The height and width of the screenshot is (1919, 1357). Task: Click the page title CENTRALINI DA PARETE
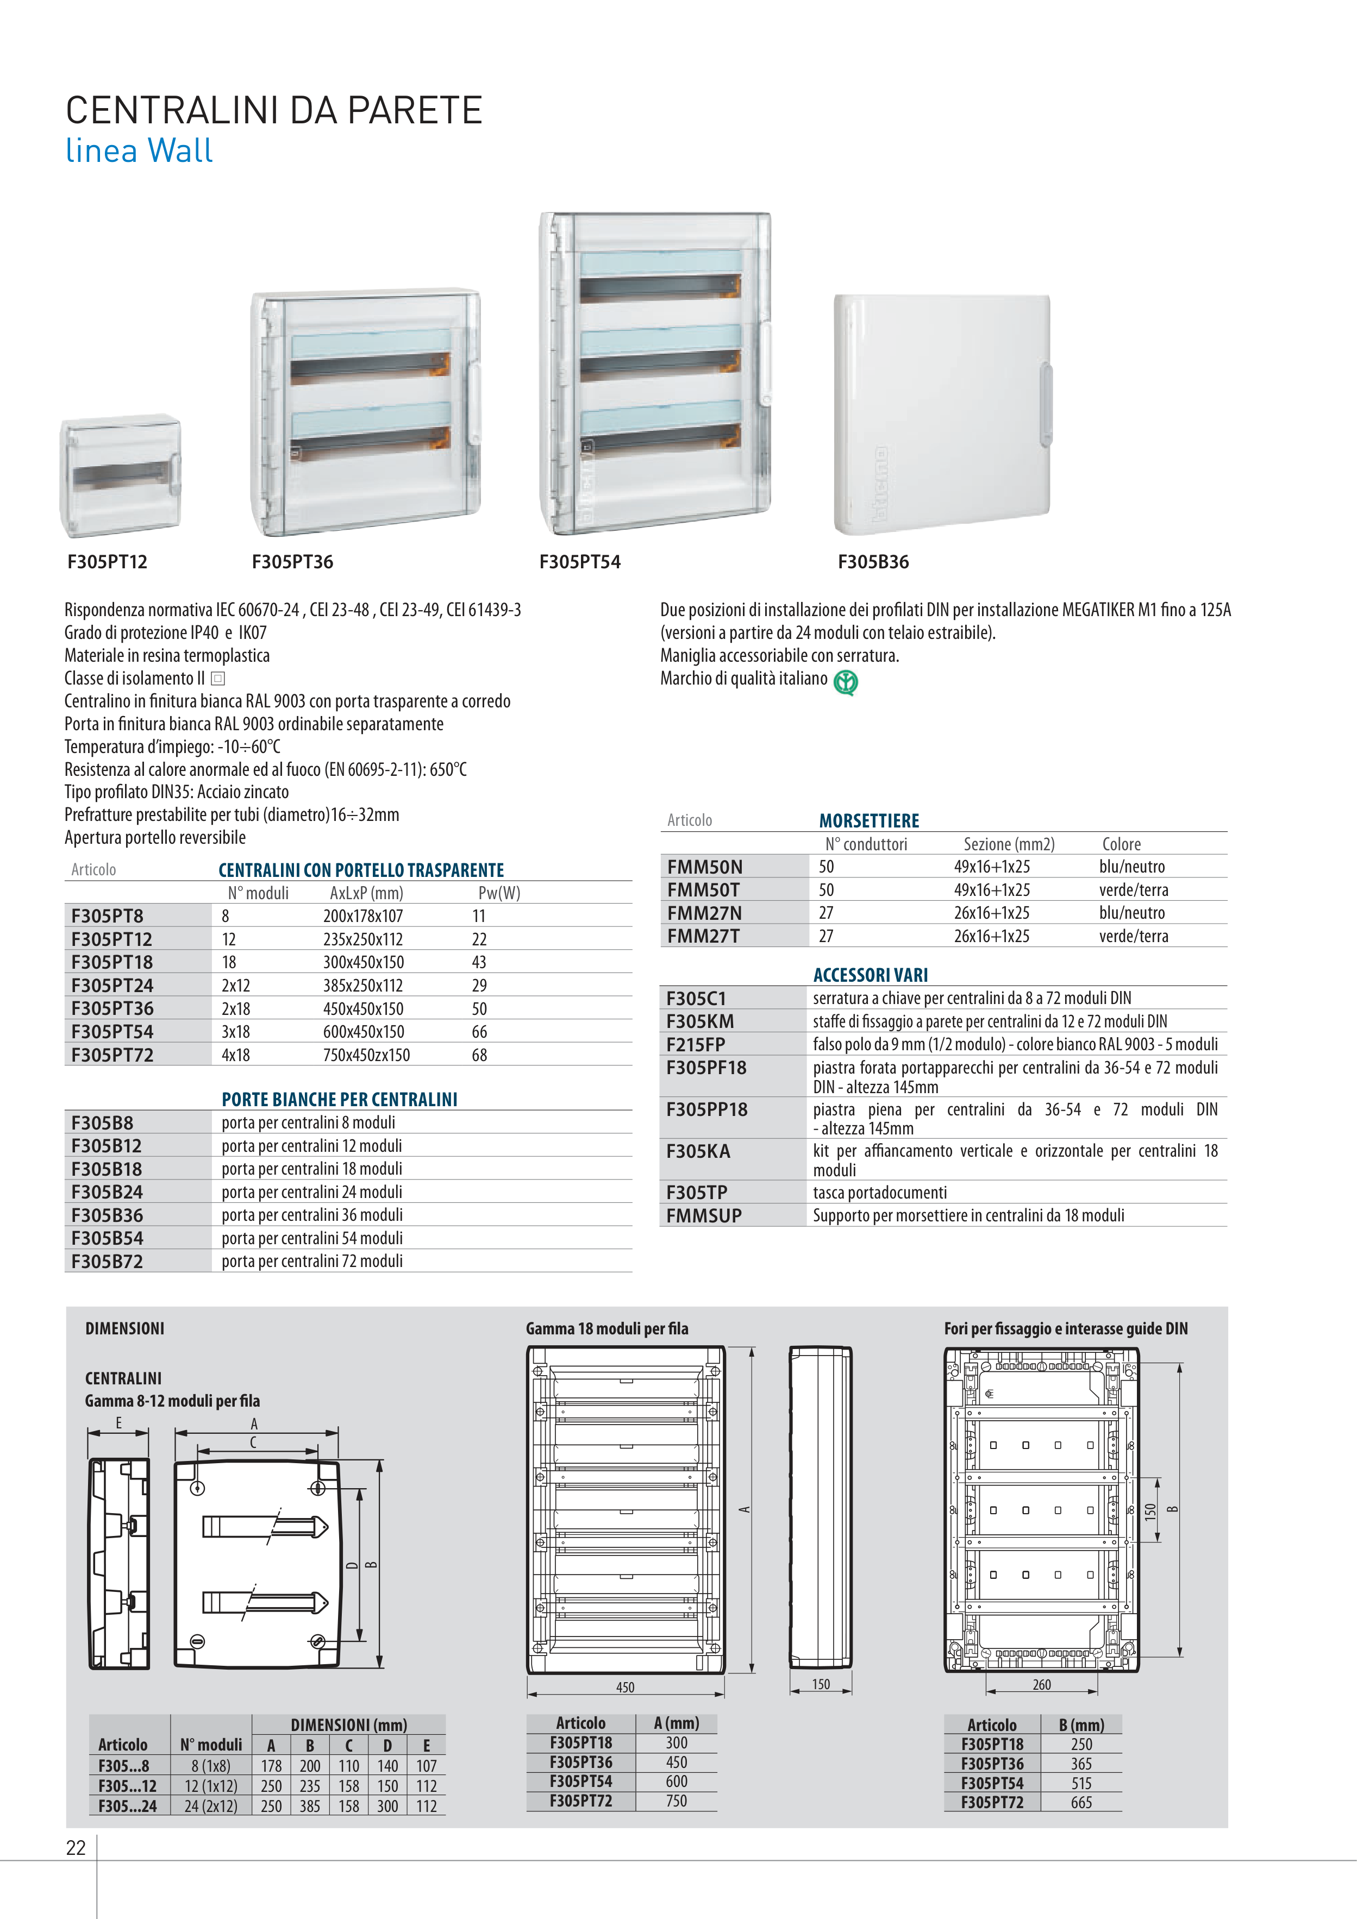point(274,110)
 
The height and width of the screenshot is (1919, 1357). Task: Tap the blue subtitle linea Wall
point(139,151)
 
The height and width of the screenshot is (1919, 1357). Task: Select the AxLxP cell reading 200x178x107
point(363,916)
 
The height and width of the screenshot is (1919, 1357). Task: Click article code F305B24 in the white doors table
point(107,1192)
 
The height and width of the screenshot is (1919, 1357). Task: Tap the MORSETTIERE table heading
point(869,821)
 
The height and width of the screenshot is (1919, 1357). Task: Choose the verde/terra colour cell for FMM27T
point(1133,936)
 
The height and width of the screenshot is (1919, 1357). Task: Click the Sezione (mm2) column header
point(1008,844)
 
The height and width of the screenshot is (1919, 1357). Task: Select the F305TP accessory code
point(697,1193)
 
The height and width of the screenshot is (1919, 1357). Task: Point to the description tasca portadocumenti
point(880,1193)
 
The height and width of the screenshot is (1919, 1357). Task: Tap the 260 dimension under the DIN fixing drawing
point(1041,1685)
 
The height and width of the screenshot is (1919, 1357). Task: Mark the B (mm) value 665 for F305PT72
point(1081,1803)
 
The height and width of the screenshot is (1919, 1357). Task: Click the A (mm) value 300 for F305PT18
point(677,1742)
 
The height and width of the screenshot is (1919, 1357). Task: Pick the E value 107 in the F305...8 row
point(427,1766)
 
